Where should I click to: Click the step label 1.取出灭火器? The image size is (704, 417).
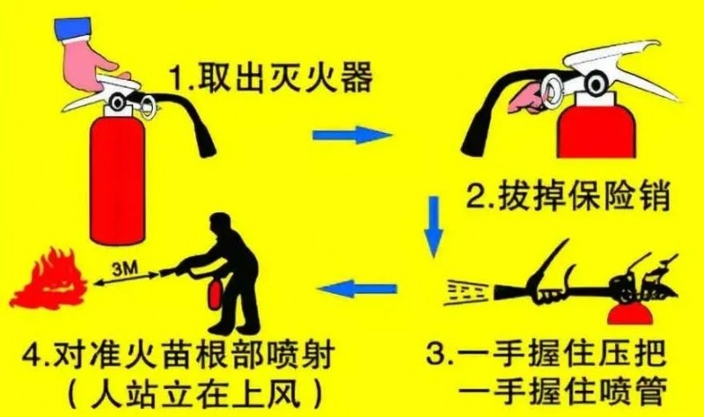click(x=271, y=77)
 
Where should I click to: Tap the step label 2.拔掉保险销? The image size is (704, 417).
click(x=568, y=195)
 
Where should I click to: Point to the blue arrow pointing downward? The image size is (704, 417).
click(x=433, y=227)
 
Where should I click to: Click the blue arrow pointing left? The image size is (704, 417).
click(x=357, y=289)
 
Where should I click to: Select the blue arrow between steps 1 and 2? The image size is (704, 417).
click(x=352, y=135)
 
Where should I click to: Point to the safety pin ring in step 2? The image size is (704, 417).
click(x=554, y=92)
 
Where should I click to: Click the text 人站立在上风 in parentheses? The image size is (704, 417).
click(x=194, y=394)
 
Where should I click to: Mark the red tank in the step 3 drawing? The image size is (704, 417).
click(x=630, y=313)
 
